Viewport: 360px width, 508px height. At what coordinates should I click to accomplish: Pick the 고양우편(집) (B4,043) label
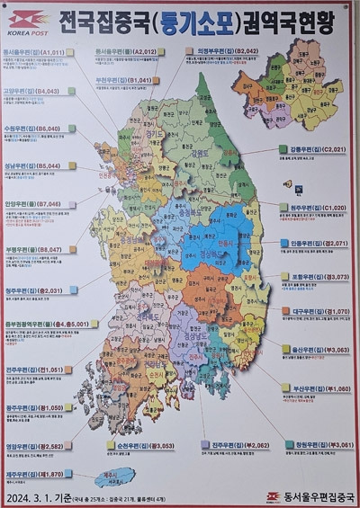[x=34, y=91]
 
